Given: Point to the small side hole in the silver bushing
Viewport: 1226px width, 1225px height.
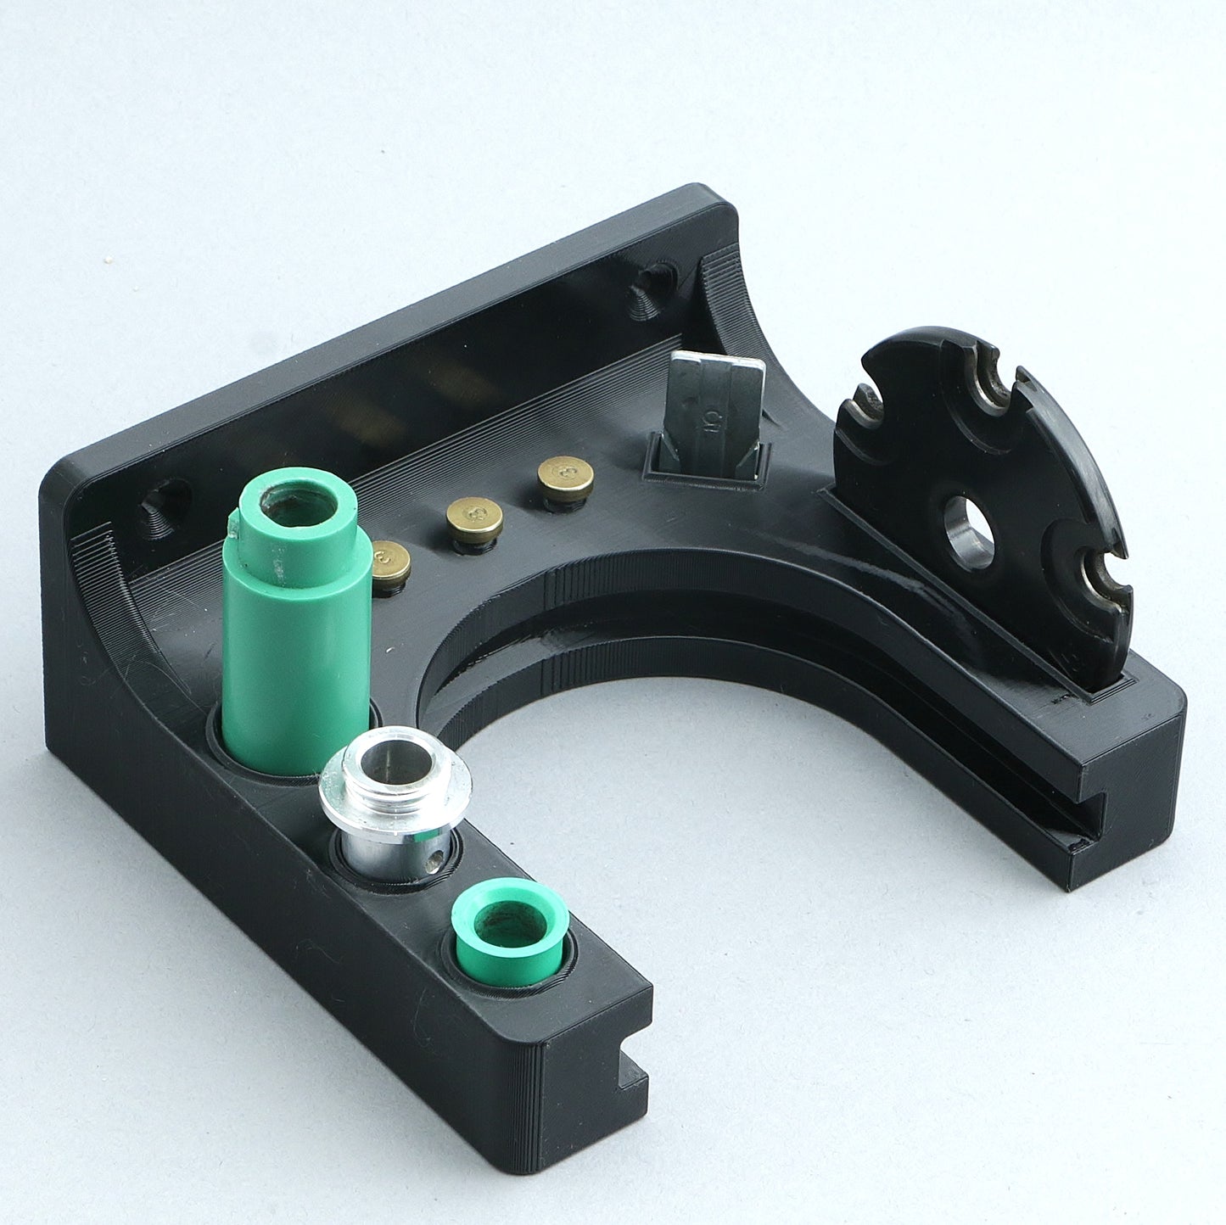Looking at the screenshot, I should pos(435,859).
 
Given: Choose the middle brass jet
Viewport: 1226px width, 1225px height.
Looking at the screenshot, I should pos(475,517).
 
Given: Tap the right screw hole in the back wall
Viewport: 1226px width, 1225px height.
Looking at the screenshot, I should pos(652,288).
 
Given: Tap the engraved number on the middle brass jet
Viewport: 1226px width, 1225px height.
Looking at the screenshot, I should pos(475,513).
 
